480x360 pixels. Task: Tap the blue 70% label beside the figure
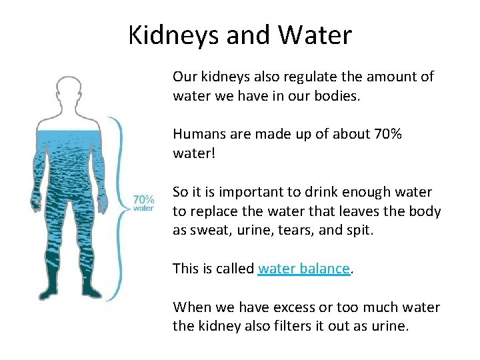pyautogui.click(x=144, y=199)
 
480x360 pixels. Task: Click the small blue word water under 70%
pyautogui.click(x=144, y=208)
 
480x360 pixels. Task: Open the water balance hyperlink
pyautogui.click(x=303, y=269)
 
